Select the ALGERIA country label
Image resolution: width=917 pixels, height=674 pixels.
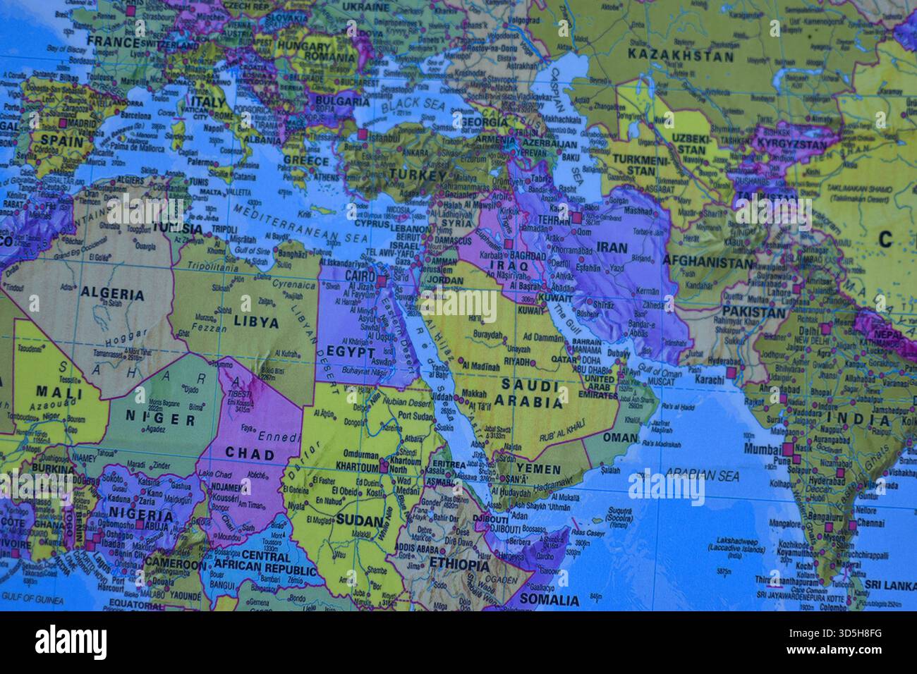coord(113,295)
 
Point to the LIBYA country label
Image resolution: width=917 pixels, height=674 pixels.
coord(246,324)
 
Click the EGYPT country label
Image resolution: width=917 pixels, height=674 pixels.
coord(351,350)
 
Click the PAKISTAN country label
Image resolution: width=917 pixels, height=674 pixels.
coord(753,312)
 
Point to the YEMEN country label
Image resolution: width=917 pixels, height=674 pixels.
coord(539,469)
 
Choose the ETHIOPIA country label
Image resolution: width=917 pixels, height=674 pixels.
coord(458,565)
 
